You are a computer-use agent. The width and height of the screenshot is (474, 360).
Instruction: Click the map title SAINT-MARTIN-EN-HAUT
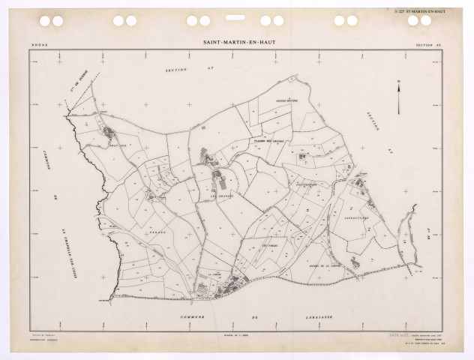coord(237,43)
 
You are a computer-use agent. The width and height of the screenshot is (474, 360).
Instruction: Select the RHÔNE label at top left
coord(38,46)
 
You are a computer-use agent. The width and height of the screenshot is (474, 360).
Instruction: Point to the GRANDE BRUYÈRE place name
coord(286,100)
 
